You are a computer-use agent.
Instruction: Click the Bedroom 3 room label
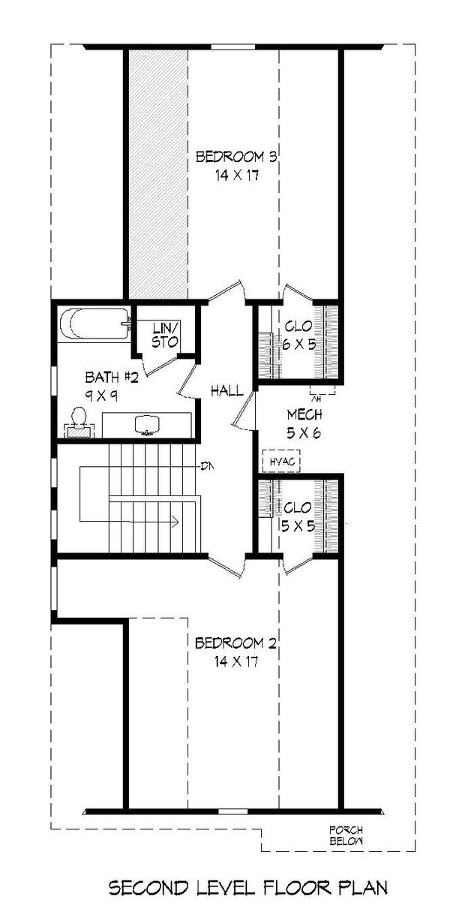[235, 157]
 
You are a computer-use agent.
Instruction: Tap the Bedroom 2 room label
[235, 643]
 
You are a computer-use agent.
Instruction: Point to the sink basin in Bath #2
[147, 425]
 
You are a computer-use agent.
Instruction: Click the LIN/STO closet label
[165, 335]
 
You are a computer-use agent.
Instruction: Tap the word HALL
[226, 390]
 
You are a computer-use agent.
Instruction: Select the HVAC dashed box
[281, 461]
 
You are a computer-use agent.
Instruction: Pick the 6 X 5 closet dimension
[299, 344]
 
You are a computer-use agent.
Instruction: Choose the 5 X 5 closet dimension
[298, 526]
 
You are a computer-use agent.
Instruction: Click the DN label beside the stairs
[207, 467]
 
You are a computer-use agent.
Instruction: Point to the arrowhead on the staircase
[175, 522]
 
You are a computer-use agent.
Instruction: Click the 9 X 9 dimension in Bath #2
[102, 396]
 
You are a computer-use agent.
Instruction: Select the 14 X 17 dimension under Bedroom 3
[236, 176]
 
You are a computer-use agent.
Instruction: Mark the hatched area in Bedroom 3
[157, 173]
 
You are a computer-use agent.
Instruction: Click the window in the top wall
[233, 47]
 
